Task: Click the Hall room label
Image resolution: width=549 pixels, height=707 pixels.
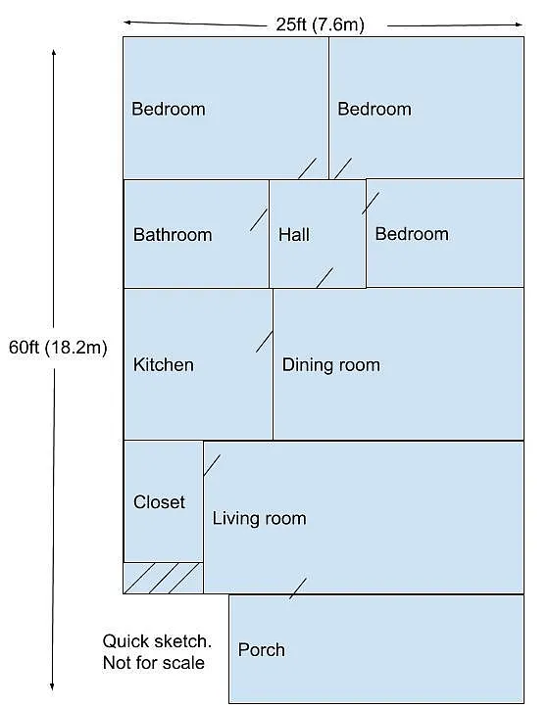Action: [294, 234]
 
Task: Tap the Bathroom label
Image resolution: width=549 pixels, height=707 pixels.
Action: [173, 234]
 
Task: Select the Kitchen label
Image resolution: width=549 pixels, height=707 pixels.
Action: [164, 365]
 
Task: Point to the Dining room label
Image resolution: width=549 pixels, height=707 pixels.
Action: [330, 365]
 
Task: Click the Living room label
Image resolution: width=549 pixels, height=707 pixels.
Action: [259, 518]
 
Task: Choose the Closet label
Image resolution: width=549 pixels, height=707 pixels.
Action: [159, 502]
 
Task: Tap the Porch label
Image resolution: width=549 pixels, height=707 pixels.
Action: [262, 649]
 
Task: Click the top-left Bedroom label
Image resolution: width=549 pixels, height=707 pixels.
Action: [169, 109]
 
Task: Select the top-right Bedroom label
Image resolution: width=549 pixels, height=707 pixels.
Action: [374, 109]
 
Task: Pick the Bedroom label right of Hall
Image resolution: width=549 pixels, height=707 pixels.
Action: [412, 234]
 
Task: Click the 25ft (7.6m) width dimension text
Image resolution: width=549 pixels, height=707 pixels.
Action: [320, 25]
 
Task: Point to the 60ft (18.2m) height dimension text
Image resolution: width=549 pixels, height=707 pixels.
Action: [58, 347]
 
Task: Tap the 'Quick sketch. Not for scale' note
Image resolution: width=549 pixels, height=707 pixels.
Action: [157, 651]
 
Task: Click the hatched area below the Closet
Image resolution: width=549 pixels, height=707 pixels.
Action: [163, 578]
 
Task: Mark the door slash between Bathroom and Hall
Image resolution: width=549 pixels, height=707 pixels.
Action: [259, 219]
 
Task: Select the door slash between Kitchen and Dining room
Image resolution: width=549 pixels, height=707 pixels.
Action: [264, 341]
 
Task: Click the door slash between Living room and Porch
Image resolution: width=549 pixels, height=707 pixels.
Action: [297, 589]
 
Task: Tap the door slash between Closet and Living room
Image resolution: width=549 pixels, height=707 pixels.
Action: [212, 465]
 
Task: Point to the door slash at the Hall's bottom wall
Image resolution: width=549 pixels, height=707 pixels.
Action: [324, 278]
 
